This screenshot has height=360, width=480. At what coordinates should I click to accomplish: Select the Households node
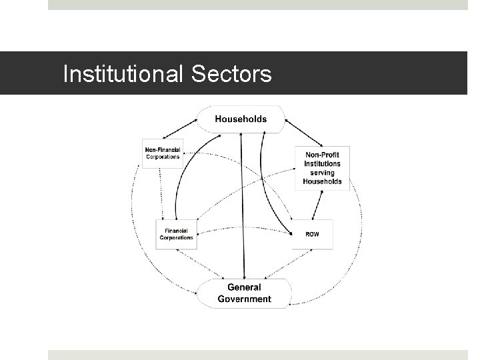coord(241,119)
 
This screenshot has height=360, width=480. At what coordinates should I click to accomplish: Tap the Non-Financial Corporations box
coord(163,153)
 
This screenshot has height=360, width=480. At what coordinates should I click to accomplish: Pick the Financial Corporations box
coord(177,234)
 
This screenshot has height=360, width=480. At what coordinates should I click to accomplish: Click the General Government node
coord(244,293)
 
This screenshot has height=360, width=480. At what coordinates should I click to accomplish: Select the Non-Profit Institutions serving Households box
coord(322,167)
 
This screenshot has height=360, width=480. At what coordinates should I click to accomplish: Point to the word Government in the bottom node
coord(244,299)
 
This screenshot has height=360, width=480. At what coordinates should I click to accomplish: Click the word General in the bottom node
coord(244,287)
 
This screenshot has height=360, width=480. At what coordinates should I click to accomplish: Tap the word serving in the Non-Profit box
coord(322,172)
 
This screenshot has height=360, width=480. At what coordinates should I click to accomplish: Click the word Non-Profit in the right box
coord(322,155)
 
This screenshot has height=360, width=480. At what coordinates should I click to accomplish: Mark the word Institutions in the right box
coord(322,163)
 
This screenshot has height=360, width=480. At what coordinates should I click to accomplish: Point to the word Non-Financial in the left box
coord(163,149)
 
